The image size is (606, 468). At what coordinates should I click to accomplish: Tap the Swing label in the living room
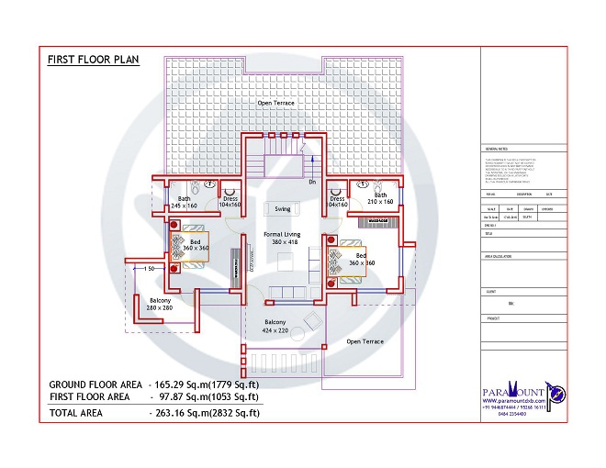[x=282, y=209]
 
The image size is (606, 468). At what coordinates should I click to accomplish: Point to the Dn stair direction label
[x=312, y=182]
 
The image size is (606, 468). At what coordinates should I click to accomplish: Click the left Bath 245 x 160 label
[x=185, y=203]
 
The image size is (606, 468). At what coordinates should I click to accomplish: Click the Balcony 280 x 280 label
[x=159, y=304]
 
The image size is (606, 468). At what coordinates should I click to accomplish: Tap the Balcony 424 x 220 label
[x=275, y=327]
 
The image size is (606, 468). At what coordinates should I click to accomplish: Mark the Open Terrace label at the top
[x=275, y=104]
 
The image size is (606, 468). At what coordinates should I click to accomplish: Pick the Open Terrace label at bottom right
[x=365, y=341]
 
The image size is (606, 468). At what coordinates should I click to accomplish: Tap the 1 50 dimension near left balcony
[x=146, y=268]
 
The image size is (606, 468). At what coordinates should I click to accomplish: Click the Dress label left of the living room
[x=230, y=202]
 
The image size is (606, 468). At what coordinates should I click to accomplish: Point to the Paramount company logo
[x=522, y=396]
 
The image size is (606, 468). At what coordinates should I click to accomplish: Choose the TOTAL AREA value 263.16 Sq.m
[x=205, y=414]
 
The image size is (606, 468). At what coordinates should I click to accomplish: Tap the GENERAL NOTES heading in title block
[x=496, y=149]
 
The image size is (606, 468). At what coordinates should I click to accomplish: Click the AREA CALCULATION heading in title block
[x=499, y=259]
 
